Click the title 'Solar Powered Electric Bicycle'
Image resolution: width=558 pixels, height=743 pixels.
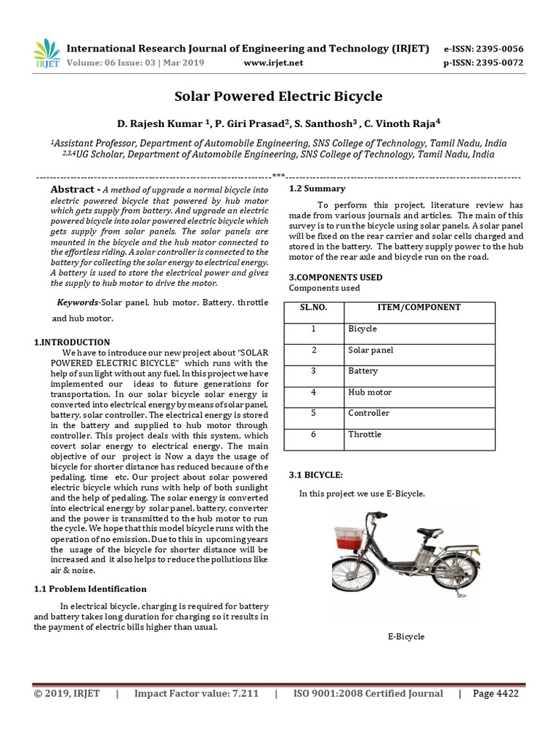pos(278,97)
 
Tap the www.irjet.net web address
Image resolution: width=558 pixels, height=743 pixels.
pos(273,62)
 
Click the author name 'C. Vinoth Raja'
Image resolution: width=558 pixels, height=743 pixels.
pos(410,123)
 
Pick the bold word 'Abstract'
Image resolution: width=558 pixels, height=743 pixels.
pos(73,189)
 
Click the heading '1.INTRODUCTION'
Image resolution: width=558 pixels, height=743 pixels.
pos(72,342)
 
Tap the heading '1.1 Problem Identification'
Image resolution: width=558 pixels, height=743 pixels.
pos(90,588)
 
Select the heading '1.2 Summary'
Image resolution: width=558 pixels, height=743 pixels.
pos(312,189)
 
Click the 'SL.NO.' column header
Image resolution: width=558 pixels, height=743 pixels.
pos(313,308)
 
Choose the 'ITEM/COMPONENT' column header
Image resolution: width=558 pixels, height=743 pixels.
pos(418,308)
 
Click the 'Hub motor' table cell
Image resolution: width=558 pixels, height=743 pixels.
pos(370,393)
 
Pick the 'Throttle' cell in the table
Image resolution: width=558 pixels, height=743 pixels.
pos(364,435)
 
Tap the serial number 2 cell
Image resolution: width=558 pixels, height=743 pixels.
pos(313,350)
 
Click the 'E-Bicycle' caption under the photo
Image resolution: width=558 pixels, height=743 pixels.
pos(405,637)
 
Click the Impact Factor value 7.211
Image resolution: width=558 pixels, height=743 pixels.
pos(243,694)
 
